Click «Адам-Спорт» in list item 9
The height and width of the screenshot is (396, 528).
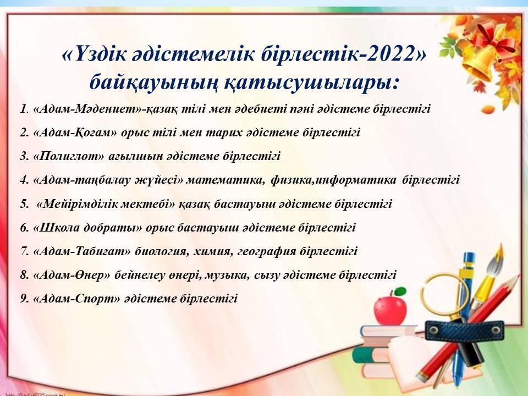(x=76, y=299)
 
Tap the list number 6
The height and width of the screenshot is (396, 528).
(x=24, y=228)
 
